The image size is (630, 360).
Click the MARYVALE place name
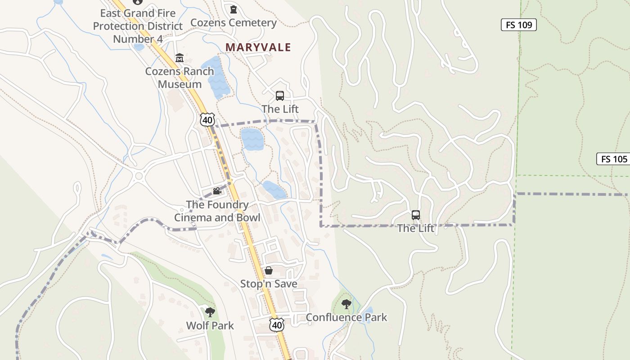pos(258,47)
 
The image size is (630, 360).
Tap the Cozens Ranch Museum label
pos(180,77)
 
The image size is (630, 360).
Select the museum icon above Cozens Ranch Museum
pos(180,58)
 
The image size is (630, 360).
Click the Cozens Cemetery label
pos(234,22)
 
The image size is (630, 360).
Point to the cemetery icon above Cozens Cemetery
pos(233,9)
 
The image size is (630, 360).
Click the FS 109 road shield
pos(519,25)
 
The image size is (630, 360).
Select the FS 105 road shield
pos(614,159)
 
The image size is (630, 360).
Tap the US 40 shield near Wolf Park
pos(277,325)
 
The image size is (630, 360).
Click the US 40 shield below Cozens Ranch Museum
pos(207,120)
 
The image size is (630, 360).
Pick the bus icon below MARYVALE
pos(280,95)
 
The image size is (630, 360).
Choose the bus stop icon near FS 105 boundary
pos(416,215)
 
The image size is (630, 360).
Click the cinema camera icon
pos(217,191)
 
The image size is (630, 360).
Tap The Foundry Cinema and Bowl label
pos(217,211)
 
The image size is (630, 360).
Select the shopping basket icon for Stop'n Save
pos(269,270)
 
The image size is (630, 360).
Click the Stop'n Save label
pos(269,284)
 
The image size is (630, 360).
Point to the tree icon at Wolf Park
pos(210,312)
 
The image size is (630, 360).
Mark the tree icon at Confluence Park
pos(346,304)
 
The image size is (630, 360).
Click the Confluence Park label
pos(346,317)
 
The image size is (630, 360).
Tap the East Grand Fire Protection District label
pos(138,26)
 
